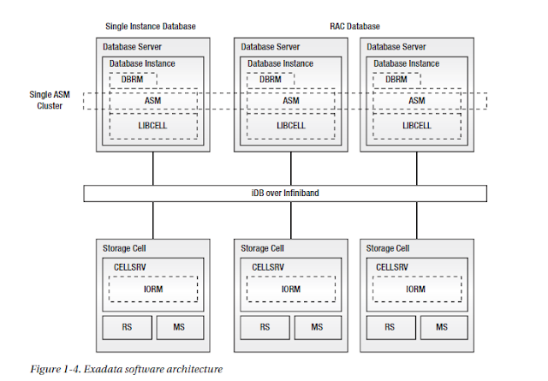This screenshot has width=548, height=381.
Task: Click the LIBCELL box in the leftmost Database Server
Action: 152,126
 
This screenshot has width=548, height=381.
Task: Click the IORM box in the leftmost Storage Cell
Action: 152,289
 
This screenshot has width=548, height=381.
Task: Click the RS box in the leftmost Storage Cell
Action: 127,327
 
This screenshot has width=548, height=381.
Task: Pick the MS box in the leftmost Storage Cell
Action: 179,327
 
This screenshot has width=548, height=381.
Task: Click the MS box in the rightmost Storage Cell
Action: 441,327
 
